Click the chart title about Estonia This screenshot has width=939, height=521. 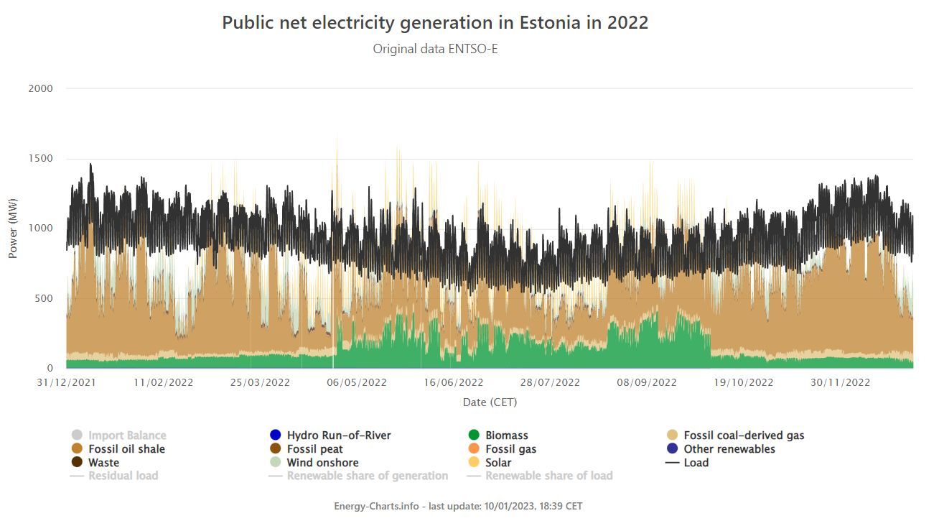coord(435,22)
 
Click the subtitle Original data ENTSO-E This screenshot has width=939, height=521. coord(435,49)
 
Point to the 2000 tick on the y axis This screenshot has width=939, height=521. coord(40,88)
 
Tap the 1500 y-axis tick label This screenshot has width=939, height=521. coord(40,158)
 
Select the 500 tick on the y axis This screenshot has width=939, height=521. coord(44,298)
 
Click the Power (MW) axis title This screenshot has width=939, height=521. coord(13,229)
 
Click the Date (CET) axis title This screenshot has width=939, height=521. coord(490,402)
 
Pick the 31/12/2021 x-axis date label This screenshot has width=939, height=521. coord(66,382)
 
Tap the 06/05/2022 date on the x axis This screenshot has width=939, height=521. coord(357,382)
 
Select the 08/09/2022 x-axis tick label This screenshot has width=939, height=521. coord(646,382)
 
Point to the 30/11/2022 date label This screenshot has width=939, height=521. coord(840,382)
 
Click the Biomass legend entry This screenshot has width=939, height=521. coord(506,435)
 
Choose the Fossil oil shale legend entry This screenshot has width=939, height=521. coord(126,449)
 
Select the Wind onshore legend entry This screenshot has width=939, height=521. coord(322,463)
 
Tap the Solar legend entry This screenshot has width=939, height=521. coord(498,463)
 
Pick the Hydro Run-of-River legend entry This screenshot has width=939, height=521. coord(338,435)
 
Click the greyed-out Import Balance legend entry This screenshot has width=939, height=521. coord(126,435)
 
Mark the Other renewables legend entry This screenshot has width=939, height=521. coord(729,449)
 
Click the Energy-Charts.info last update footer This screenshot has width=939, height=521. coord(458,506)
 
